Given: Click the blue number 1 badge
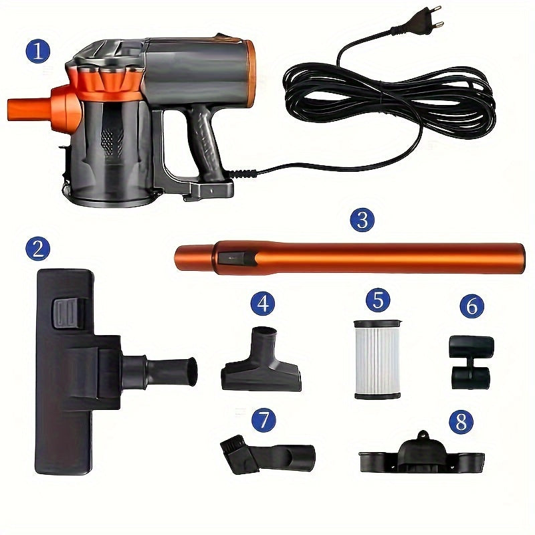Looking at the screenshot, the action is (38, 51).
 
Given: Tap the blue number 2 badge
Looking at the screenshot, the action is (38, 248).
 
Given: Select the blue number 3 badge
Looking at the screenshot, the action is (362, 220).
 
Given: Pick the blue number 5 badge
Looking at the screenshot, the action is (378, 300).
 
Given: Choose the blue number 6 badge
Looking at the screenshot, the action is (472, 306).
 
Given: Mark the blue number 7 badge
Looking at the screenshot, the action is (263, 420).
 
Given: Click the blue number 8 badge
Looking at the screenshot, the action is (461, 422).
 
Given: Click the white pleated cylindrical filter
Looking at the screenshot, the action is (377, 360).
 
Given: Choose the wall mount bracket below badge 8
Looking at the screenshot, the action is (422, 454).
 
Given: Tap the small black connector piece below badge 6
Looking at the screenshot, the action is (471, 362).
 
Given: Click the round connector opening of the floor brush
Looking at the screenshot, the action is (192, 371).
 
